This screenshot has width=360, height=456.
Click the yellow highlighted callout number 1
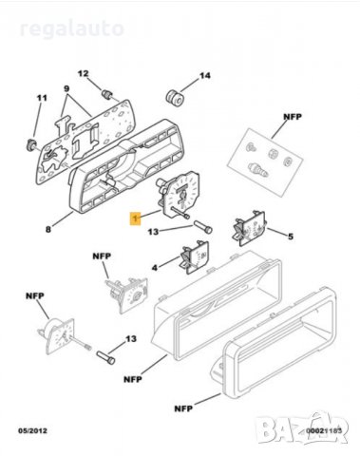[136, 217]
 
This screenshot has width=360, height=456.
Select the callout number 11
[41, 99]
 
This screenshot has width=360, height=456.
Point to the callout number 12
[83, 74]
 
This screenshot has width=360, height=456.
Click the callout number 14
[204, 75]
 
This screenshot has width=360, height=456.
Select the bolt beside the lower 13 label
[106, 360]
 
